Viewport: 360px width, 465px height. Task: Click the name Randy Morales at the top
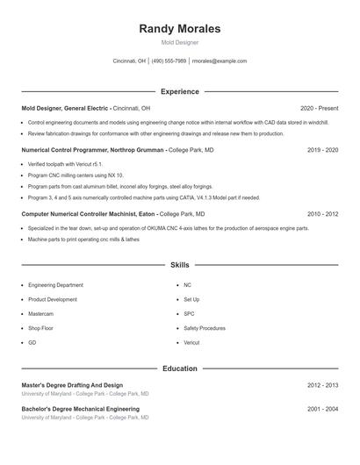[179, 29]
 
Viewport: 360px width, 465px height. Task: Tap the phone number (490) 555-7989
[169, 61]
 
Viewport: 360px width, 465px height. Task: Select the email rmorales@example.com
[220, 61]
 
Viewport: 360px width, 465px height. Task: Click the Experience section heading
[179, 91]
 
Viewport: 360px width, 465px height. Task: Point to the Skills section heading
[179, 264]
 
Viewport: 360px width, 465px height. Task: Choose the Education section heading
[179, 368]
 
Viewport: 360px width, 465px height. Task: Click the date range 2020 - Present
[319, 108]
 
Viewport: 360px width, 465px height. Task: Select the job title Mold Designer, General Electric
[66, 108]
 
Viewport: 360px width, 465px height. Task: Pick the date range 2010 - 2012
[322, 214]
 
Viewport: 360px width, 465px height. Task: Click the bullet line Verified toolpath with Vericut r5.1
[65, 164]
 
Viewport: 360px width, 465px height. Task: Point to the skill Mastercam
[40, 313]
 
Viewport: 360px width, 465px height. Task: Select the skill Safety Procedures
[204, 328]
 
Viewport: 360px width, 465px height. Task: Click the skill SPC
[189, 313]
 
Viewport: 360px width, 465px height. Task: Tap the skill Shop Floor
[41, 328]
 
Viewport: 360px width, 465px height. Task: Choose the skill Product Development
[52, 299]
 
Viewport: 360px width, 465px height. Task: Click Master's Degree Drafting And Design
[72, 385]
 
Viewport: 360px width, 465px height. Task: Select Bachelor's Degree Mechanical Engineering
[80, 409]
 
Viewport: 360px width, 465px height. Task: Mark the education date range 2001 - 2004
[322, 409]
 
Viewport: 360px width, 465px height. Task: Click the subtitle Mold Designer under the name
[179, 42]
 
